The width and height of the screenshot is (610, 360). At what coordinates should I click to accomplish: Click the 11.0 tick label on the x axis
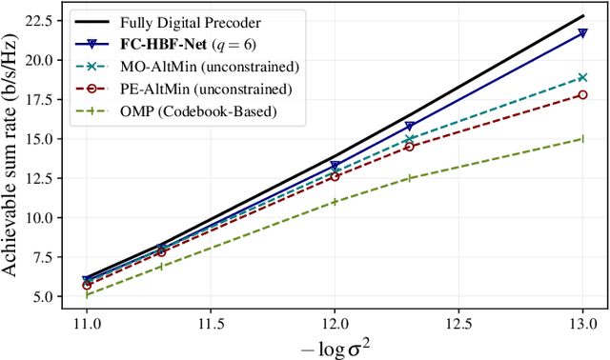coord(86,324)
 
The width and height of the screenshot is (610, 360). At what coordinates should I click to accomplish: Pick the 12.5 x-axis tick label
coord(458,324)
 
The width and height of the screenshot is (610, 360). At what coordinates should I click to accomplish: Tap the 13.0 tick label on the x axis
coord(582,324)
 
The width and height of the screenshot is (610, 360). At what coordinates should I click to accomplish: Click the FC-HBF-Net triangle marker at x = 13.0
coord(582,32)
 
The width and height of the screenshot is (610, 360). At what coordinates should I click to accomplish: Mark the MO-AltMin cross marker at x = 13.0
coord(582,77)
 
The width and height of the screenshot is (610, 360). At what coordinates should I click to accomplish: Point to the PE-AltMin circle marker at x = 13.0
coord(582,94)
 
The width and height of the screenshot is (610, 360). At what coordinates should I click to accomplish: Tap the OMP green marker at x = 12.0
coord(335,201)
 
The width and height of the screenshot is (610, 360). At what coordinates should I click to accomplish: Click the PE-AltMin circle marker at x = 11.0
coord(86,285)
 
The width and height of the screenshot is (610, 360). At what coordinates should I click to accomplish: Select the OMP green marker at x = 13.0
coord(582,138)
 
